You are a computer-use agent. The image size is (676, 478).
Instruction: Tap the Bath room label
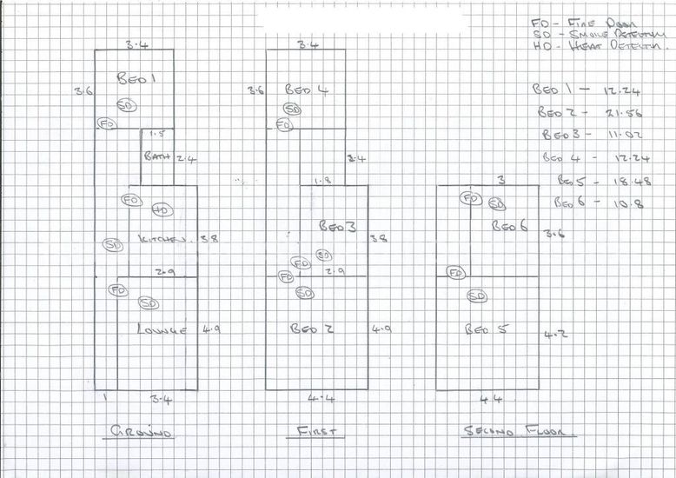tap(157, 156)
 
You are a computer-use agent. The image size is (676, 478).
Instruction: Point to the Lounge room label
tap(162, 329)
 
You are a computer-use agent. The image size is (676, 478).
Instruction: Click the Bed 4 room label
tap(306, 90)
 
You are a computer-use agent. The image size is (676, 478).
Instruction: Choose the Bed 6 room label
tap(510, 226)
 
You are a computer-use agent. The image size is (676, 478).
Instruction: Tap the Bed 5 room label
tap(480, 330)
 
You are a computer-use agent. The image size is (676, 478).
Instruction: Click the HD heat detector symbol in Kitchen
tap(161, 209)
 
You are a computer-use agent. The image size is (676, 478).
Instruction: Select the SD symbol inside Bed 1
tap(126, 105)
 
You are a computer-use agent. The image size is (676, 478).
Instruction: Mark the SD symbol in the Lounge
tap(148, 303)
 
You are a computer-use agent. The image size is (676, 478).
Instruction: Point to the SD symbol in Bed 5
tap(477, 296)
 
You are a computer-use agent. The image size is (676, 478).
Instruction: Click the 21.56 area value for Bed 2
tap(608, 113)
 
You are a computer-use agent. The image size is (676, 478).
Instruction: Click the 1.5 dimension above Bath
tap(157, 134)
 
